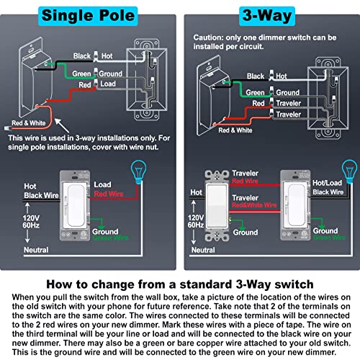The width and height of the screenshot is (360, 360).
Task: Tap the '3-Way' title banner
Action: coord(270,14)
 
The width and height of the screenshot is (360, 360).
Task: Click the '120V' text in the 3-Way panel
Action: coord(197,217)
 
